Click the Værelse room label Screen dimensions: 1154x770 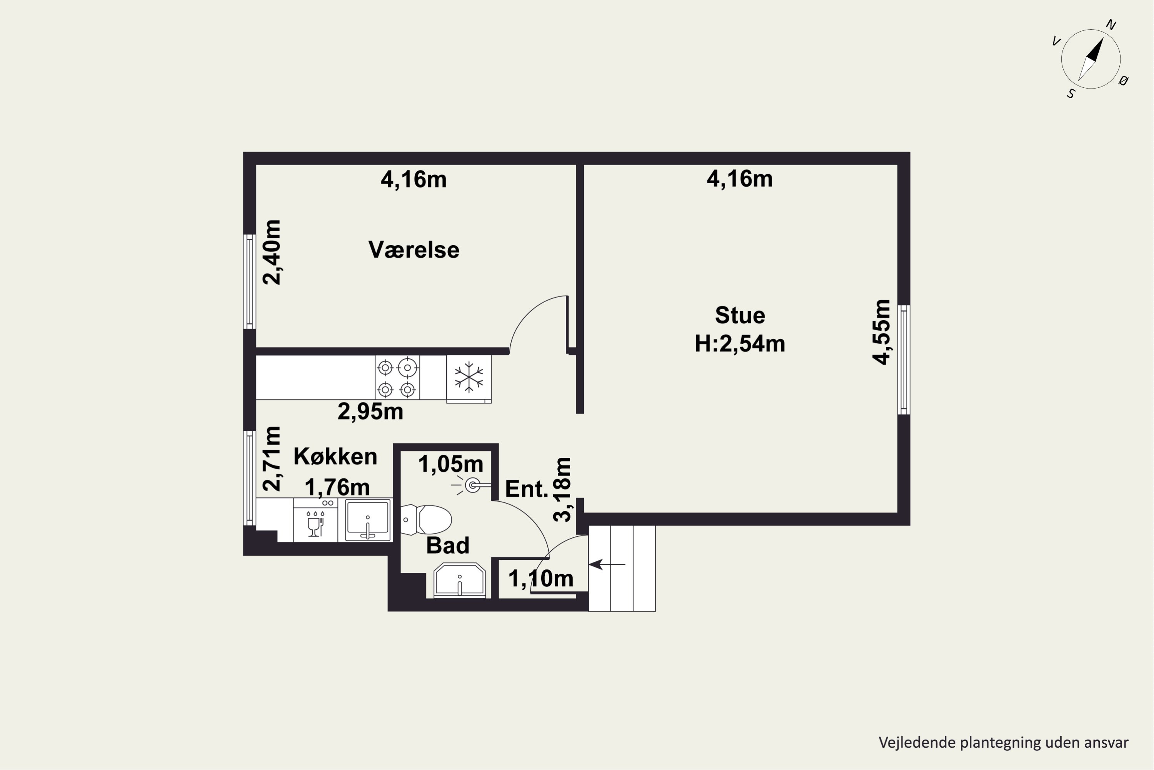pos(414,250)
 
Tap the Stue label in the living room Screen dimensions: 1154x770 pos(740,315)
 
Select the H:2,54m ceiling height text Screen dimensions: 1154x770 pos(740,344)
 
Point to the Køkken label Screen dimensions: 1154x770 pos(335,457)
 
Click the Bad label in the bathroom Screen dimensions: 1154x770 pos(447,546)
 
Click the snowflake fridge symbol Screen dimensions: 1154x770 pos(469,377)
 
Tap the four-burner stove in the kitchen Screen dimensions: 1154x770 pos(397,377)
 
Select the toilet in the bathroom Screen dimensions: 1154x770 pos(426,519)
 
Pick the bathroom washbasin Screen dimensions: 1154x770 pos(460,581)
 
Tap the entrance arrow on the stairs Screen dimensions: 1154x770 pos(607,565)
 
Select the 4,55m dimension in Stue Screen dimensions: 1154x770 pos(881,332)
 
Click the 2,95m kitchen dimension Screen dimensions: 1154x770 pos(370,412)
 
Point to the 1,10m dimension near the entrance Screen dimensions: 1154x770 pos(541,579)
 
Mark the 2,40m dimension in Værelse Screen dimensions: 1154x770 pos(272,253)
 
